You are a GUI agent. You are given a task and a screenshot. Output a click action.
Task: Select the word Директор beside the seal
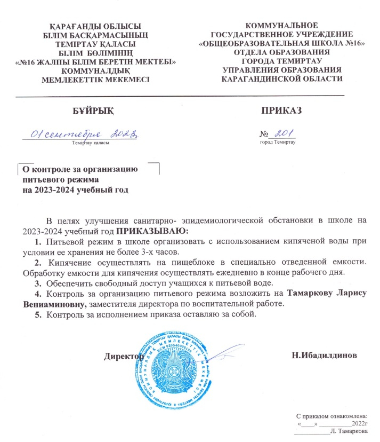124,355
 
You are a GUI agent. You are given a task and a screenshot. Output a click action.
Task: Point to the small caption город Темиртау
278,143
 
